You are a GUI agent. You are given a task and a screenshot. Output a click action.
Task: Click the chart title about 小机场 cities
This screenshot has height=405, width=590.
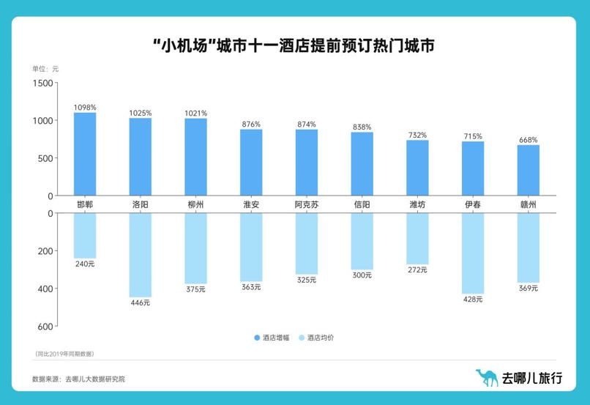click(294, 45)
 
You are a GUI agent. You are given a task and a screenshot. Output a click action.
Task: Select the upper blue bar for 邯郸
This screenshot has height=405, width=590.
click(85, 154)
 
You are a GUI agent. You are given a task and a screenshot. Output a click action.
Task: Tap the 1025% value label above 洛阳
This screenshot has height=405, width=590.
click(141, 113)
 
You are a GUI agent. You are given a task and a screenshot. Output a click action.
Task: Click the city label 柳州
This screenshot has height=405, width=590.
click(195, 204)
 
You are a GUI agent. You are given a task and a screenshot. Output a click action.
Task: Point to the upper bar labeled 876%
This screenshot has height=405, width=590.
click(251, 162)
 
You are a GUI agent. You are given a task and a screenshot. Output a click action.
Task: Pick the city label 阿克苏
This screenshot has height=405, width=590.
click(307, 204)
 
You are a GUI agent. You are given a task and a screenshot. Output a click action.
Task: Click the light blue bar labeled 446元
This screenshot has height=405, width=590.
click(141, 254)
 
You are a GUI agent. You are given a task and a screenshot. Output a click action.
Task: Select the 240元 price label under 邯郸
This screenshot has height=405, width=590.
click(85, 264)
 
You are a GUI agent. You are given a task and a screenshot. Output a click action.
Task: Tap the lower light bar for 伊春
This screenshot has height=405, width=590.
click(473, 253)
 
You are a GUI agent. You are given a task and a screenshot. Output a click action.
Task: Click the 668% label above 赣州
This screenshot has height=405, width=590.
click(529, 140)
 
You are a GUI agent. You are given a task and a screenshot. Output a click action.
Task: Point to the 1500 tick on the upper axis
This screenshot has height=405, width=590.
click(44, 83)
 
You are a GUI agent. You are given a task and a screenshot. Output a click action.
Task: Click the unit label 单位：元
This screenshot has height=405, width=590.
click(45, 68)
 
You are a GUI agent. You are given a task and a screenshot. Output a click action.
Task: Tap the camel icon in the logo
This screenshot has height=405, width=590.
click(486, 377)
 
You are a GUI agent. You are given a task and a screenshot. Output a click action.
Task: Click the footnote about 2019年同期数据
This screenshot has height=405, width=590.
click(64, 354)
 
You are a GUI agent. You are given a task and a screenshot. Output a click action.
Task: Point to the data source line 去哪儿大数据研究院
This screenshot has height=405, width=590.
click(78, 379)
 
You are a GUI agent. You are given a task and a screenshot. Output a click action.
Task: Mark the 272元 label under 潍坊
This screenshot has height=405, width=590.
click(417, 270)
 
